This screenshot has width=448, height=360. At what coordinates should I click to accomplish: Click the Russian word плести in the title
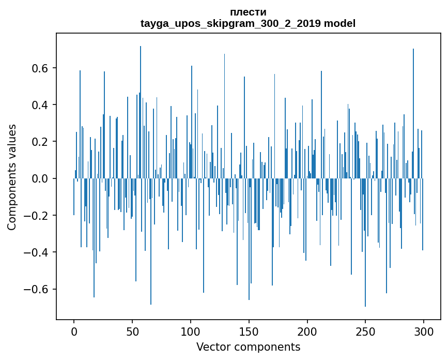pyautogui.click(x=248, y=12)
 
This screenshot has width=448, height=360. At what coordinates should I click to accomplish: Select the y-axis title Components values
pyautogui.click(x=12, y=177)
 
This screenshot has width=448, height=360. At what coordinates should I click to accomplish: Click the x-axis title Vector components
pyautogui.click(x=248, y=347)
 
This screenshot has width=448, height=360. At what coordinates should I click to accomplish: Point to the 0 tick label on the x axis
pyautogui.click(x=74, y=331)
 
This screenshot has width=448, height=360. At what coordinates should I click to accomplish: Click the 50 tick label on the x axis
pyautogui.click(x=132, y=331)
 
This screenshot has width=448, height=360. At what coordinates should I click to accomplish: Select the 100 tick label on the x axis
pyautogui.click(x=191, y=331)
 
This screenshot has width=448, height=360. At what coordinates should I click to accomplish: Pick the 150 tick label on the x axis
pyautogui.click(x=249, y=331)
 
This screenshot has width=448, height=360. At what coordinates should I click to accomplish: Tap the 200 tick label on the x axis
pyautogui.click(x=307, y=331)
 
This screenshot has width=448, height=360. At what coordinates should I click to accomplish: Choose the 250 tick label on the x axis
pyautogui.click(x=365, y=331)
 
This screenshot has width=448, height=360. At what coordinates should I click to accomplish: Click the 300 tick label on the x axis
pyautogui.click(x=424, y=331)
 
